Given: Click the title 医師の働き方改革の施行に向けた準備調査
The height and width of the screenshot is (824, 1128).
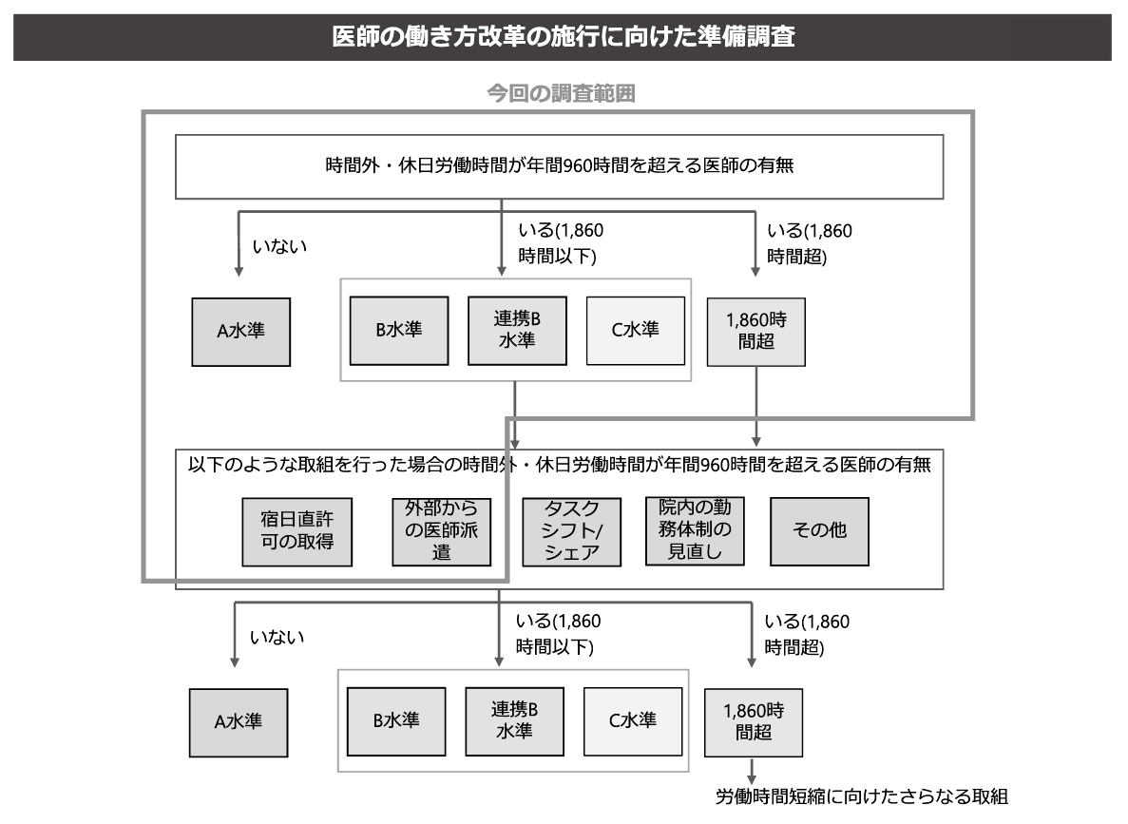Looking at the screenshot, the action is tap(564, 36).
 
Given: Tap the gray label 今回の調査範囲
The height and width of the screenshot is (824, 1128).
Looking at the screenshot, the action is tap(561, 93).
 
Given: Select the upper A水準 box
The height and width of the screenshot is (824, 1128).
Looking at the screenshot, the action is tap(241, 332).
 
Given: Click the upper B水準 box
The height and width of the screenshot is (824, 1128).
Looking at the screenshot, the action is tap(399, 331).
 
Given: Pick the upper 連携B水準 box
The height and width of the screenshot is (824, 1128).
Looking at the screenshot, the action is tap(517, 331).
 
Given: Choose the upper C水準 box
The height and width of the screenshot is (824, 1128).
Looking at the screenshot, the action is tap(635, 331).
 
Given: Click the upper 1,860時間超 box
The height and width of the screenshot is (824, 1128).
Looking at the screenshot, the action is tap(756, 332).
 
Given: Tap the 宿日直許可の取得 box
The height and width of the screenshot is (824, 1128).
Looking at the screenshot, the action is tap(297, 532).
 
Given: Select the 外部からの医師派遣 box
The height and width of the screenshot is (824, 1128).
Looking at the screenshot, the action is tap(442, 532).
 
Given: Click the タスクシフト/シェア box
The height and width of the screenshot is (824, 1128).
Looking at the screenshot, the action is tap(572, 532).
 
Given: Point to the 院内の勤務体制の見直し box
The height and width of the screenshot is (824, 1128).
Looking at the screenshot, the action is tap(695, 531).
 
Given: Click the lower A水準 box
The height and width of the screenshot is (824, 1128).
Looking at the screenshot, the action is tap(239, 722).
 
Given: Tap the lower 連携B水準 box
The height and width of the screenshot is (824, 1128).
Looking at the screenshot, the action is tap(514, 721).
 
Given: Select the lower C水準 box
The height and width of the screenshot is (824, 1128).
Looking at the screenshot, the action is tap(633, 721).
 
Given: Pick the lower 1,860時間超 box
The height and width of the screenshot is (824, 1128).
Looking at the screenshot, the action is tap(754, 722).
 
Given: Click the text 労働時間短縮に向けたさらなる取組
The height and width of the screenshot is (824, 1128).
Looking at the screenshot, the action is tap(862, 796).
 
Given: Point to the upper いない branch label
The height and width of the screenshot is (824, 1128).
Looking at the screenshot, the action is tap(279, 246).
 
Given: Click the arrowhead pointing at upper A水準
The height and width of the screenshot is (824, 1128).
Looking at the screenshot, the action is tap(239, 271).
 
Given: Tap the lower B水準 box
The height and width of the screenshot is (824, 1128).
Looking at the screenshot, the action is tap(396, 721).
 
